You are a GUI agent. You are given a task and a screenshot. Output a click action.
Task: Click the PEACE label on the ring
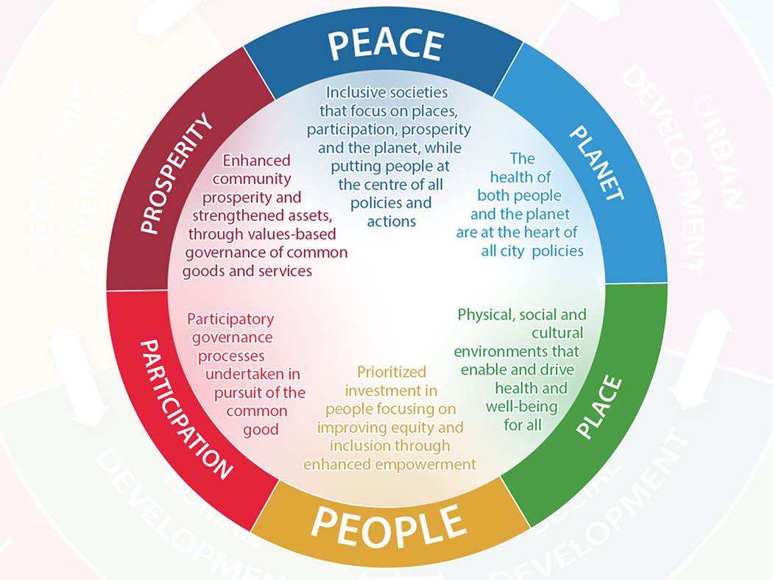385,46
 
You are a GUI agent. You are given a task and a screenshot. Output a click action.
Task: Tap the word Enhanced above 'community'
256,160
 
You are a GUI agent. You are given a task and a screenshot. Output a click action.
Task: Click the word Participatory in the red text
230,319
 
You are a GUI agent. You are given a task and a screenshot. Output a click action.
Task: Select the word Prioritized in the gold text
392,372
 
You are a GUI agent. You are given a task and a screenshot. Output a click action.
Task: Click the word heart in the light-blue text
545,233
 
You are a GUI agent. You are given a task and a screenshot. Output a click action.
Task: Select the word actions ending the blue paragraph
390,221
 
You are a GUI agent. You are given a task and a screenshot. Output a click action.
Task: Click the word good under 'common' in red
261,429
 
